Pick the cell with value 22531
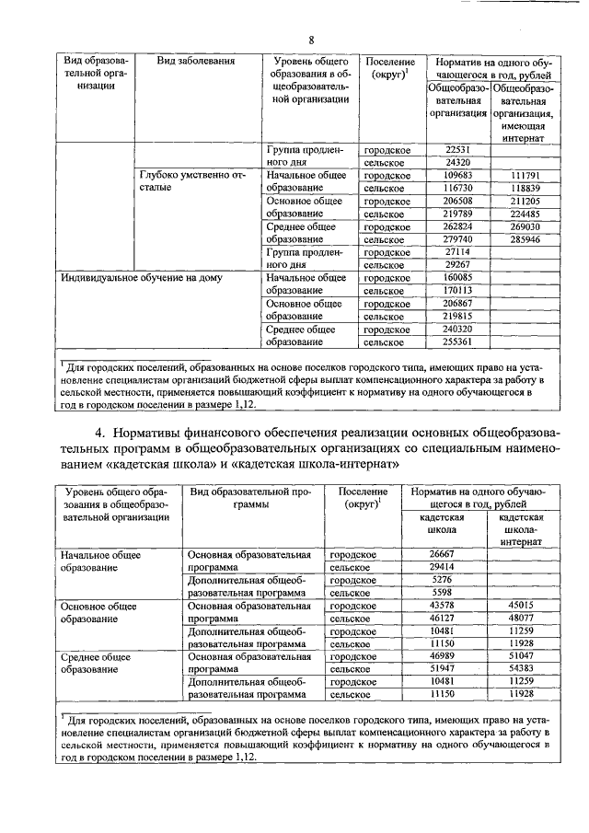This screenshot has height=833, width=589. pos(457,149)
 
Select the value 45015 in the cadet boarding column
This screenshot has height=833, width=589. pos(521,606)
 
